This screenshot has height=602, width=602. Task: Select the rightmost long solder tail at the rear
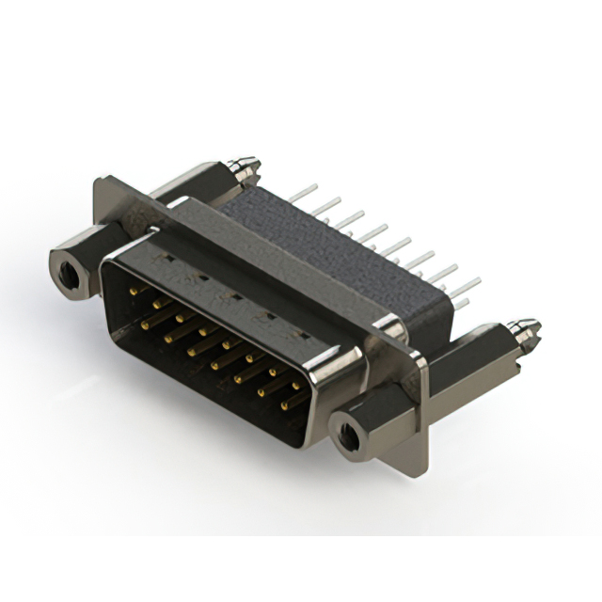[468, 281]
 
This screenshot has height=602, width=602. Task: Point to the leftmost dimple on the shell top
[166, 257]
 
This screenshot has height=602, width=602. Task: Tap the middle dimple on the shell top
[232, 294]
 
